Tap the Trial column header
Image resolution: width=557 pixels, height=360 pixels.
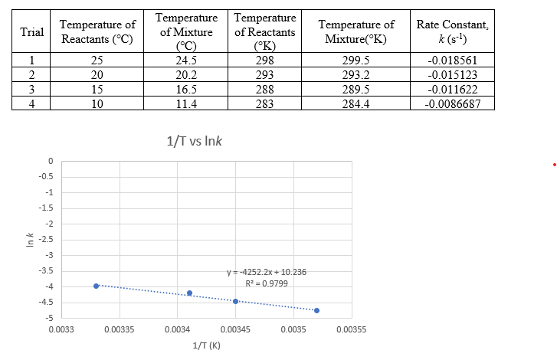31,32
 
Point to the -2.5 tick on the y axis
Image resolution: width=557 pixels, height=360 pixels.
47,240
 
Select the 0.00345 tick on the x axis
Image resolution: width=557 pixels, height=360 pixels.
235,329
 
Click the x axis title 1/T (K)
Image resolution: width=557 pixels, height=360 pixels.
205,345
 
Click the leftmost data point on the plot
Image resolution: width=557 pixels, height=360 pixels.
97,286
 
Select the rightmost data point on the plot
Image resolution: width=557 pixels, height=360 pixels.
316,310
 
